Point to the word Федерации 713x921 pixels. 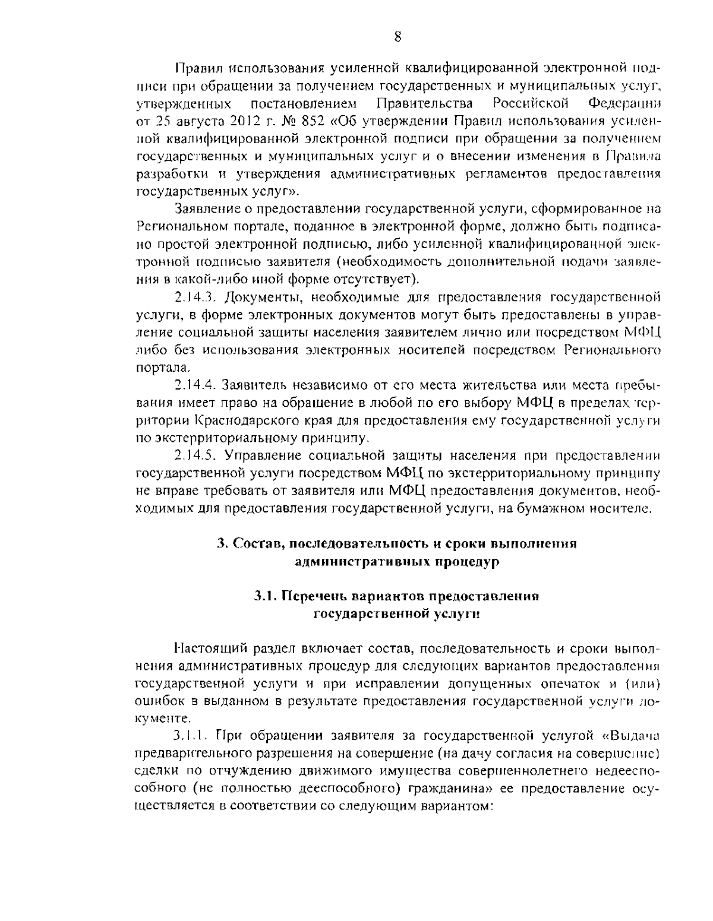tap(625, 105)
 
